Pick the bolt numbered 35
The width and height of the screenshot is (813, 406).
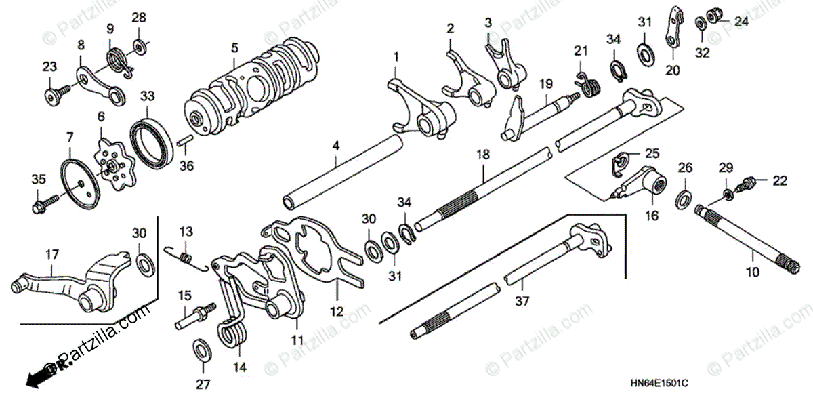point(39,201)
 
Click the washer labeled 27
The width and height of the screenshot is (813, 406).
point(202,350)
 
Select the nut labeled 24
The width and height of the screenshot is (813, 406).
point(714,14)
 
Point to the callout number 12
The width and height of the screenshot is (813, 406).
point(337,312)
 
